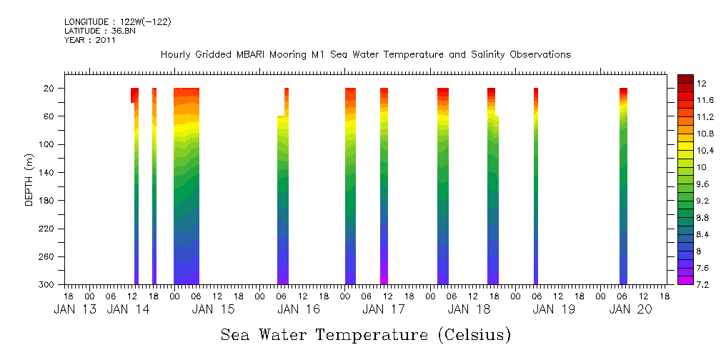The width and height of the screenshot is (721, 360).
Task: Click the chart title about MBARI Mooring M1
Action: click(x=365, y=54)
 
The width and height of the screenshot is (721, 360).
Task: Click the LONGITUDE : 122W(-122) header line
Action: click(x=117, y=22)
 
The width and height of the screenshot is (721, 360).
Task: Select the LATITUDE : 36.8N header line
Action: click(x=97, y=31)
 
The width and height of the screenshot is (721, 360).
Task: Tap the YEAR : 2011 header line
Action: click(x=89, y=40)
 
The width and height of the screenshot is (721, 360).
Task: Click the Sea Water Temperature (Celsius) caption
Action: click(x=365, y=334)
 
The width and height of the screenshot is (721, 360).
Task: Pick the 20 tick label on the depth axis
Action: click(x=49, y=89)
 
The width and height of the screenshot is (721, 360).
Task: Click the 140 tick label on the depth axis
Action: click(x=47, y=173)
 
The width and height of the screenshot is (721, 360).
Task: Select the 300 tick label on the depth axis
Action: click(x=47, y=285)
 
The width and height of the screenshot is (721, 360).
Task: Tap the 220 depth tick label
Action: click(x=47, y=229)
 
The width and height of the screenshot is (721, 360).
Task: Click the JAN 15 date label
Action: click(x=214, y=309)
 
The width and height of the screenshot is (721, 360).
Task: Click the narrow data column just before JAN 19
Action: click(x=536, y=186)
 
